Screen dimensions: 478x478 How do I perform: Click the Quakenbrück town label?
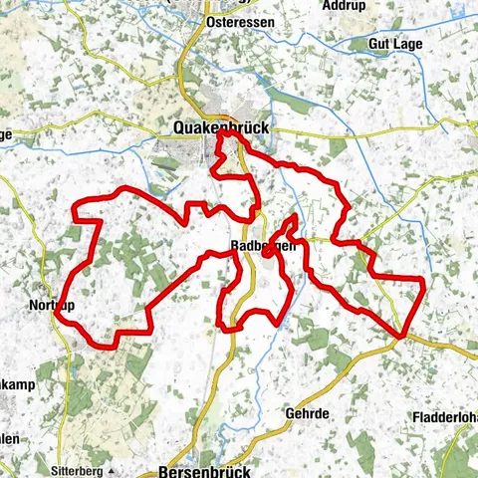pyautogui.click(x=221, y=127)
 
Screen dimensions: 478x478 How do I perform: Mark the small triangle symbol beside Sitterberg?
pyautogui.click(x=118, y=466)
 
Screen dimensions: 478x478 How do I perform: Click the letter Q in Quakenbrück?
pyautogui.click(x=179, y=127)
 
